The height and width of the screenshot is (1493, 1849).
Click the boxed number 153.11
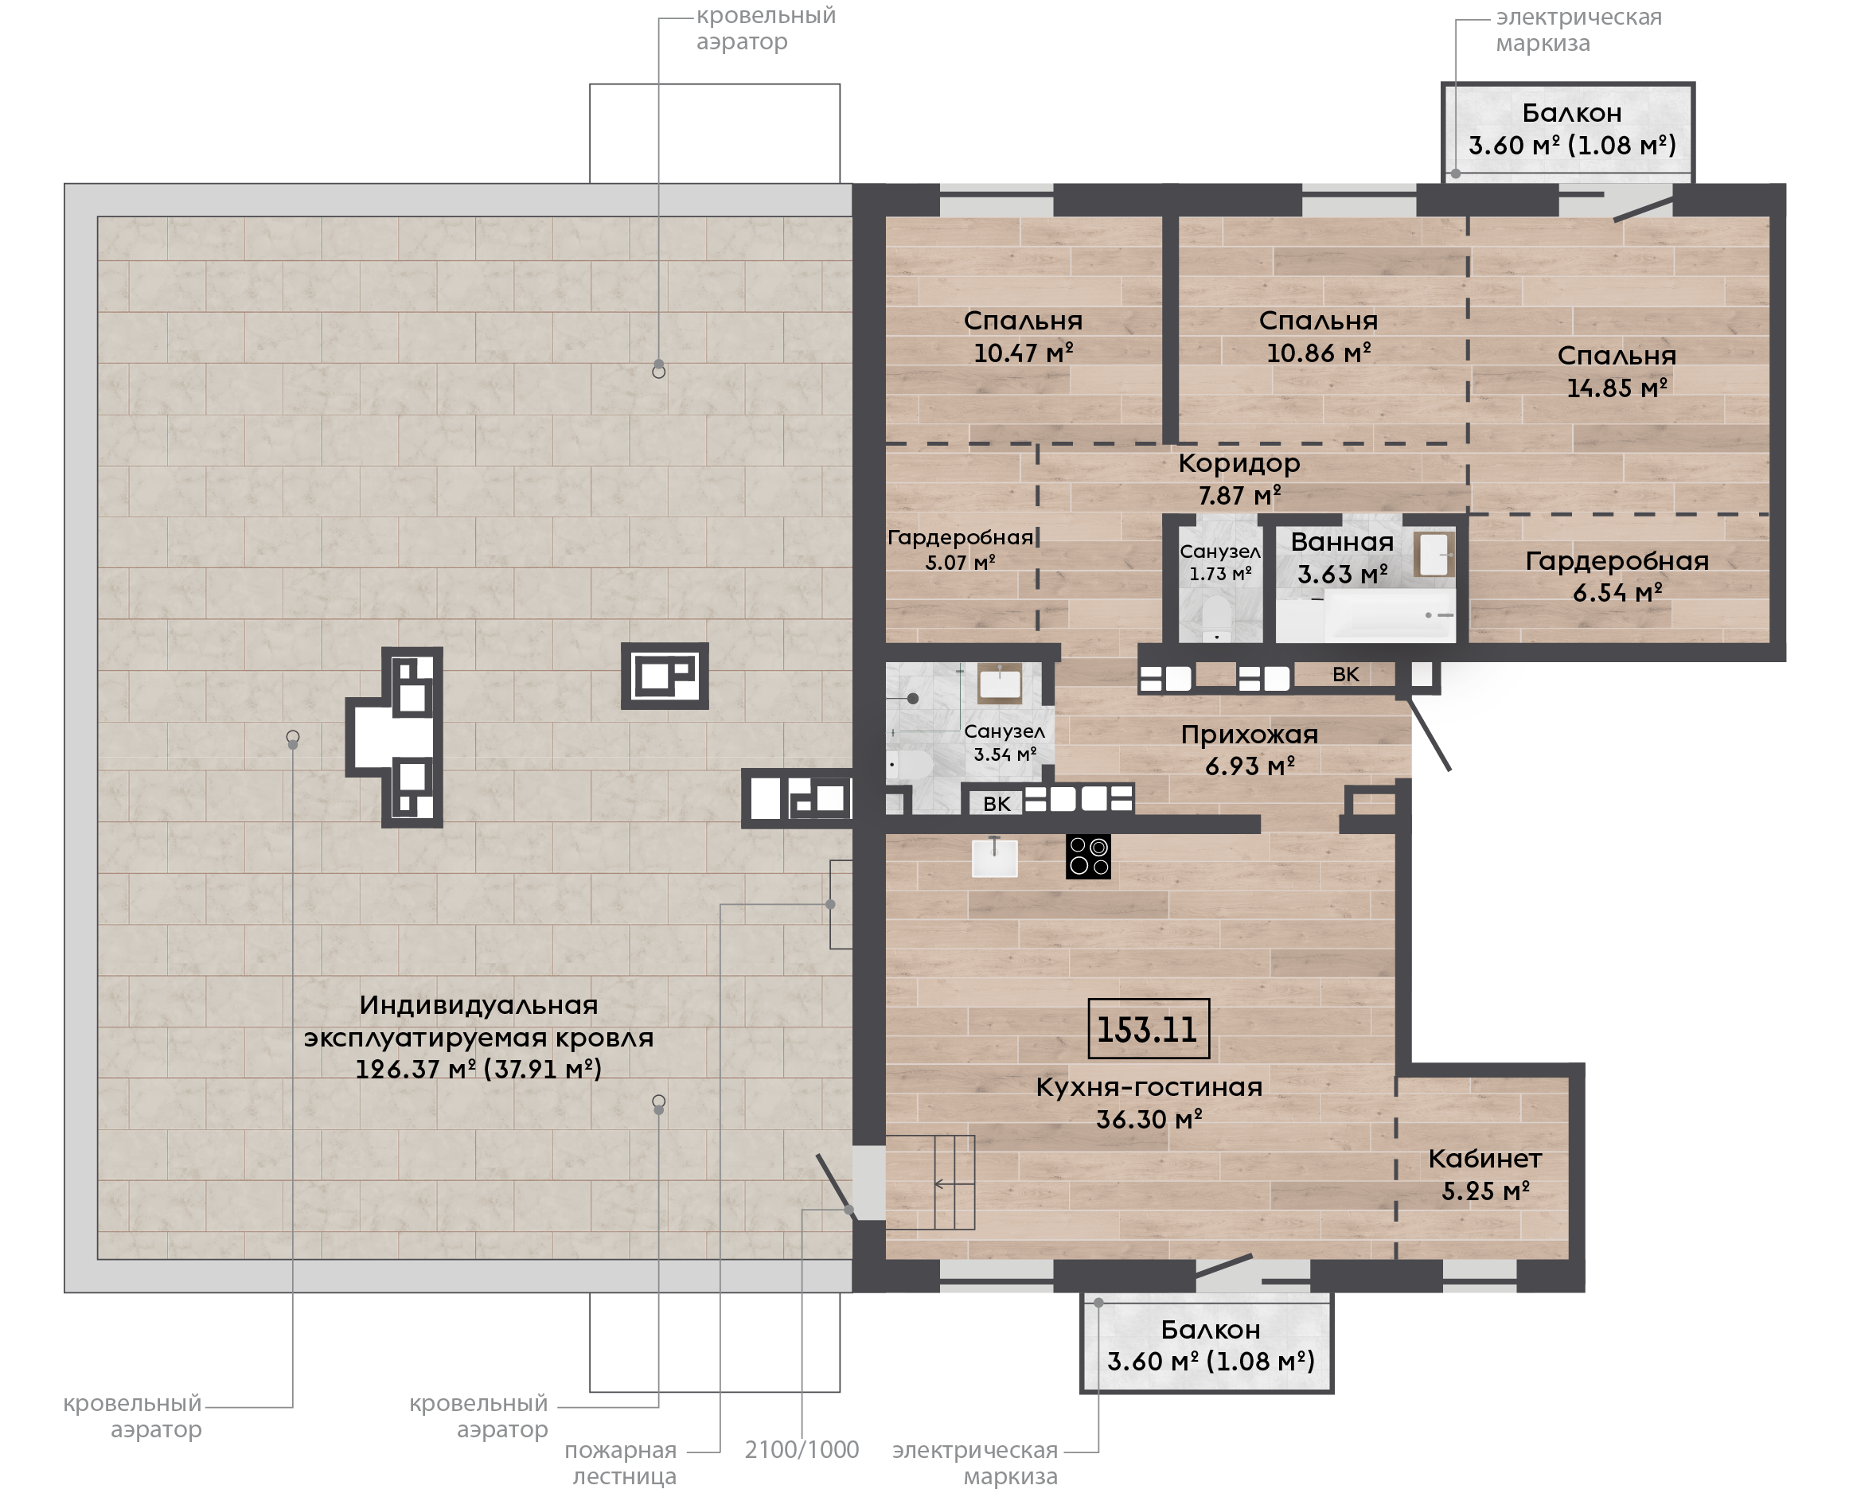(x=1148, y=1028)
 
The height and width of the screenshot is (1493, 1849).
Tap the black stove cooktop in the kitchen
(x=1088, y=856)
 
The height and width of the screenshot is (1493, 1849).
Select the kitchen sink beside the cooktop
(x=994, y=856)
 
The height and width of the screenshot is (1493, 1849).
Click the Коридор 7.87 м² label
(x=1239, y=479)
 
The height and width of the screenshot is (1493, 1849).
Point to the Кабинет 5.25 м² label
(x=1485, y=1175)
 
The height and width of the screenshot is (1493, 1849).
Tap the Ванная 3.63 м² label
(x=1343, y=557)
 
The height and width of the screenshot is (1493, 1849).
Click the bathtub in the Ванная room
(x=1365, y=616)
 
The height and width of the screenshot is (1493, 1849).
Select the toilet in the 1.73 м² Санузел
(x=1216, y=618)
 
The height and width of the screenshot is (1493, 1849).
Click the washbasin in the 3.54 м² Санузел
(x=1001, y=684)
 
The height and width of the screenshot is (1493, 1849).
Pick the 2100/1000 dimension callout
(x=802, y=1450)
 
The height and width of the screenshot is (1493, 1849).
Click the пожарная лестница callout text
(x=621, y=1463)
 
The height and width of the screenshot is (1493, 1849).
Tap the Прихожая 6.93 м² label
(x=1250, y=750)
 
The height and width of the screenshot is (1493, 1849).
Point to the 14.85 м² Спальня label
(x=1617, y=372)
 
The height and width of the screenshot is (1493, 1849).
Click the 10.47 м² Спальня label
(x=1024, y=337)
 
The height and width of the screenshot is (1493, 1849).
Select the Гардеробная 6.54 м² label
(x=1617, y=576)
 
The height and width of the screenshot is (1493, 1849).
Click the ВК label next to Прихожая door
(x=1346, y=674)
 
